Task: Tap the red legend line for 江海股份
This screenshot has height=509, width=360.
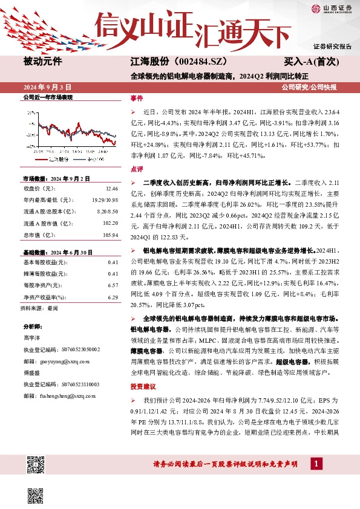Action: (x=41, y=159)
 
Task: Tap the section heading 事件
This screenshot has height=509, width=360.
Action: (x=137, y=99)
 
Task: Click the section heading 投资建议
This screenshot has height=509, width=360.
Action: (x=143, y=385)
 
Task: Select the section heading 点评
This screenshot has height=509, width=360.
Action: (x=137, y=169)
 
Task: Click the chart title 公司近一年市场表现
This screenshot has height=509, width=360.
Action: (x=47, y=97)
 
